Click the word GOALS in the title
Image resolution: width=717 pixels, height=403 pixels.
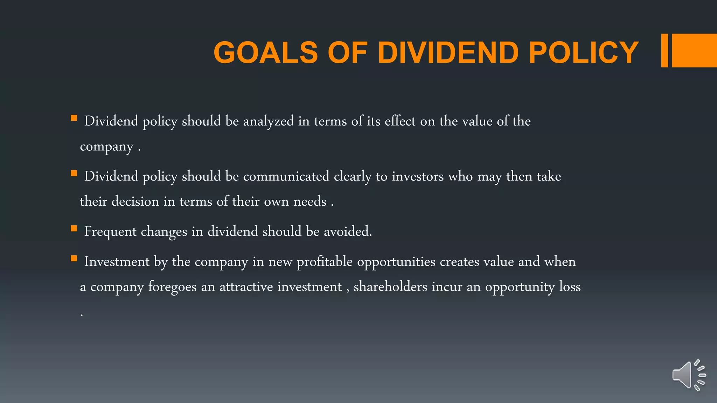[x=265, y=52]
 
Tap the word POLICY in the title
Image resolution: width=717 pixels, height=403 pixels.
[x=584, y=52]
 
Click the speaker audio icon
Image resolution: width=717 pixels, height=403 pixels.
[x=688, y=375]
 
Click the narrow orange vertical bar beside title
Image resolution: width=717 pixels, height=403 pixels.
[x=664, y=50]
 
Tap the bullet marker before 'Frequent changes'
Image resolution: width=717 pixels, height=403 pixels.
[x=74, y=229]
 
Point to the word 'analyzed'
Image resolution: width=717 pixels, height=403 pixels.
[x=268, y=121]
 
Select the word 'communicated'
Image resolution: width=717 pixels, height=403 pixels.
[x=286, y=176]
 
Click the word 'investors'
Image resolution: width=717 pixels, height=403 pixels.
[x=418, y=176]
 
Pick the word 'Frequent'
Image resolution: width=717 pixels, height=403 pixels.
[x=110, y=232]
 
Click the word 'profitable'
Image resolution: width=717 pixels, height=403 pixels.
[x=325, y=262]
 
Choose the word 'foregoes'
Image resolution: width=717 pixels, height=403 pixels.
[x=172, y=287]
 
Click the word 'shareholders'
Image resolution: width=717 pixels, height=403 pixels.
[x=390, y=287]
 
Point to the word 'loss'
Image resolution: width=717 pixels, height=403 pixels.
[x=570, y=287]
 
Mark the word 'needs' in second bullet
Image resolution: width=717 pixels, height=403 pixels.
[x=310, y=201]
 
